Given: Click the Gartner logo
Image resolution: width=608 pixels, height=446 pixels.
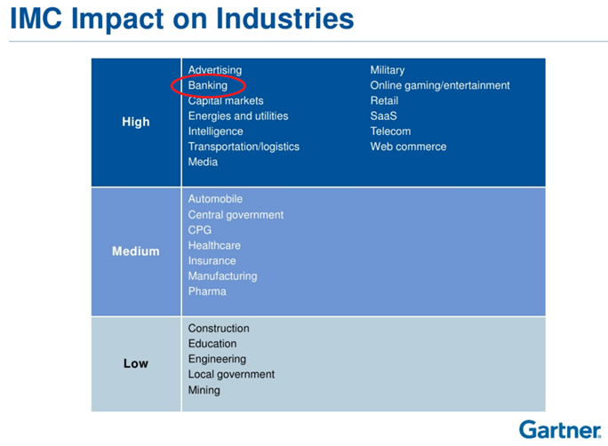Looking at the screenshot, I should point(559,429).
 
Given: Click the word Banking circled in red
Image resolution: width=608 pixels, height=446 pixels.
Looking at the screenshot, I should point(207,85).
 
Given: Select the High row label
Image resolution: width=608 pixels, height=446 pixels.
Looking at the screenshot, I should point(136,122).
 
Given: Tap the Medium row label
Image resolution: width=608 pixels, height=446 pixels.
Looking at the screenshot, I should point(136,251).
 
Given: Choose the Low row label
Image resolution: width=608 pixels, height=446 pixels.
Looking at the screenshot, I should point(136,363).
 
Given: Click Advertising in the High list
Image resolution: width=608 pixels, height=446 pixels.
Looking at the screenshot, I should point(214,70).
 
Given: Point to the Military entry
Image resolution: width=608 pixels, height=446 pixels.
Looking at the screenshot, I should point(387,70).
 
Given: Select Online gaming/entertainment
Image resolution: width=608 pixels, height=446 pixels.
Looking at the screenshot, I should point(440,85).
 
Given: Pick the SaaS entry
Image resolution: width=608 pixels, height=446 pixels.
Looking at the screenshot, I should point(384,116).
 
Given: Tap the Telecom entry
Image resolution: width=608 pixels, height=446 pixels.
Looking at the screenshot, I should point(390,131).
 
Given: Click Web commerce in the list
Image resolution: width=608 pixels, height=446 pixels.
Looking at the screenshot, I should point(408,147).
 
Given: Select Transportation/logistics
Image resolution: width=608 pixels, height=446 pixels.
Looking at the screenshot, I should point(244,147).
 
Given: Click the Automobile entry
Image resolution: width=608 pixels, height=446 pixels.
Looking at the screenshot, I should point(215,199).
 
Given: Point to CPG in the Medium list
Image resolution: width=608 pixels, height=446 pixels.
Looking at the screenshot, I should point(200,230).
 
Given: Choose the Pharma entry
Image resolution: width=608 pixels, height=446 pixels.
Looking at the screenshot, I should point(207,291).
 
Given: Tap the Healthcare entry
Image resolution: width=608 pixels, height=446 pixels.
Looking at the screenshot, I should point(214,245).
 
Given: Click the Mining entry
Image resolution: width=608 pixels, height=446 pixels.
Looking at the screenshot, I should point(204,390).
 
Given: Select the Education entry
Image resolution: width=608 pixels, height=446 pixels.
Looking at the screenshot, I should point(212,344).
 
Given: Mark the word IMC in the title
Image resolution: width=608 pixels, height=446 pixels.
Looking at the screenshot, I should point(42,19).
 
